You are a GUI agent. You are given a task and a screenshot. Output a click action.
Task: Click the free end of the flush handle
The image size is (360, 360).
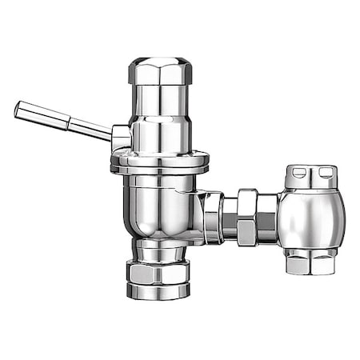click(18, 109)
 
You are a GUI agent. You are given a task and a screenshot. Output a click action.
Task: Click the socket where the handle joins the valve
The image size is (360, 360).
click(121, 138)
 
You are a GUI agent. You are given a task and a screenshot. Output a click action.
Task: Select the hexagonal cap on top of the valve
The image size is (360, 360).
click(160, 71)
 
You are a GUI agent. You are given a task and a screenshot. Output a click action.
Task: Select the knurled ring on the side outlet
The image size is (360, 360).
click(213, 216)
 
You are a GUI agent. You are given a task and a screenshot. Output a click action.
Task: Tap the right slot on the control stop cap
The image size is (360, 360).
click(326, 170)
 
